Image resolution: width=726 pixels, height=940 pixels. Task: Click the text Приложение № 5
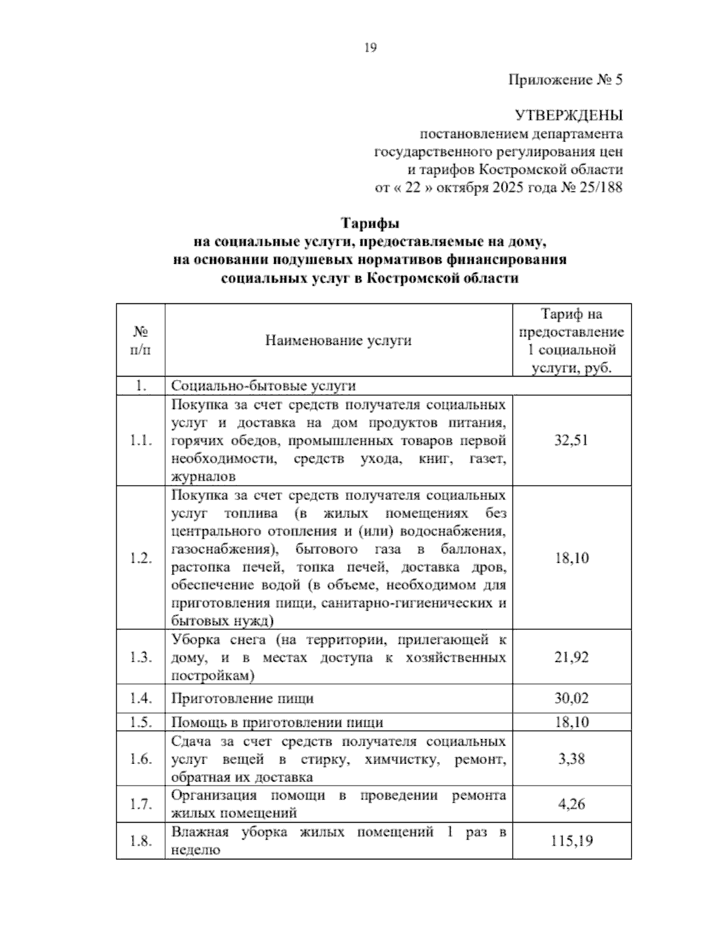(x=565, y=80)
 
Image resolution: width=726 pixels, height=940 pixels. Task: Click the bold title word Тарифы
(x=370, y=224)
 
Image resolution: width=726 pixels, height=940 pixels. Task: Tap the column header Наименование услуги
(x=338, y=340)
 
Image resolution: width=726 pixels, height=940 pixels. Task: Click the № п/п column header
(x=140, y=340)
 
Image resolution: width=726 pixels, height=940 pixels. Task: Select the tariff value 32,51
(x=571, y=440)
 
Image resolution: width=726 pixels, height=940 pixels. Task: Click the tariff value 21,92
(x=571, y=657)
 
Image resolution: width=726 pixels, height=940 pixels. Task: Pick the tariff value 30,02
(x=571, y=698)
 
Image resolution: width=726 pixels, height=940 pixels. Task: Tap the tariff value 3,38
(x=571, y=758)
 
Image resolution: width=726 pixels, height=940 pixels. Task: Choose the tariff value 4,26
(x=571, y=804)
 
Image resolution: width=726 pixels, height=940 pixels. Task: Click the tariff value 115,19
(x=571, y=841)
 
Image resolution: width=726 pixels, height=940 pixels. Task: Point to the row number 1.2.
(x=140, y=558)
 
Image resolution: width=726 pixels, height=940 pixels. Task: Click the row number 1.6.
(x=140, y=758)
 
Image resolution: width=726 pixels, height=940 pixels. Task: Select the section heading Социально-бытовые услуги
(x=264, y=386)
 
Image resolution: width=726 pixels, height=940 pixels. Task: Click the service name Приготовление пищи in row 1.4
(x=243, y=698)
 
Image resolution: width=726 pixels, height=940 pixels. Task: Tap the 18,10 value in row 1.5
(x=571, y=722)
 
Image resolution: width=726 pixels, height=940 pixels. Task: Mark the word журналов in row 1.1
(x=203, y=477)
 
